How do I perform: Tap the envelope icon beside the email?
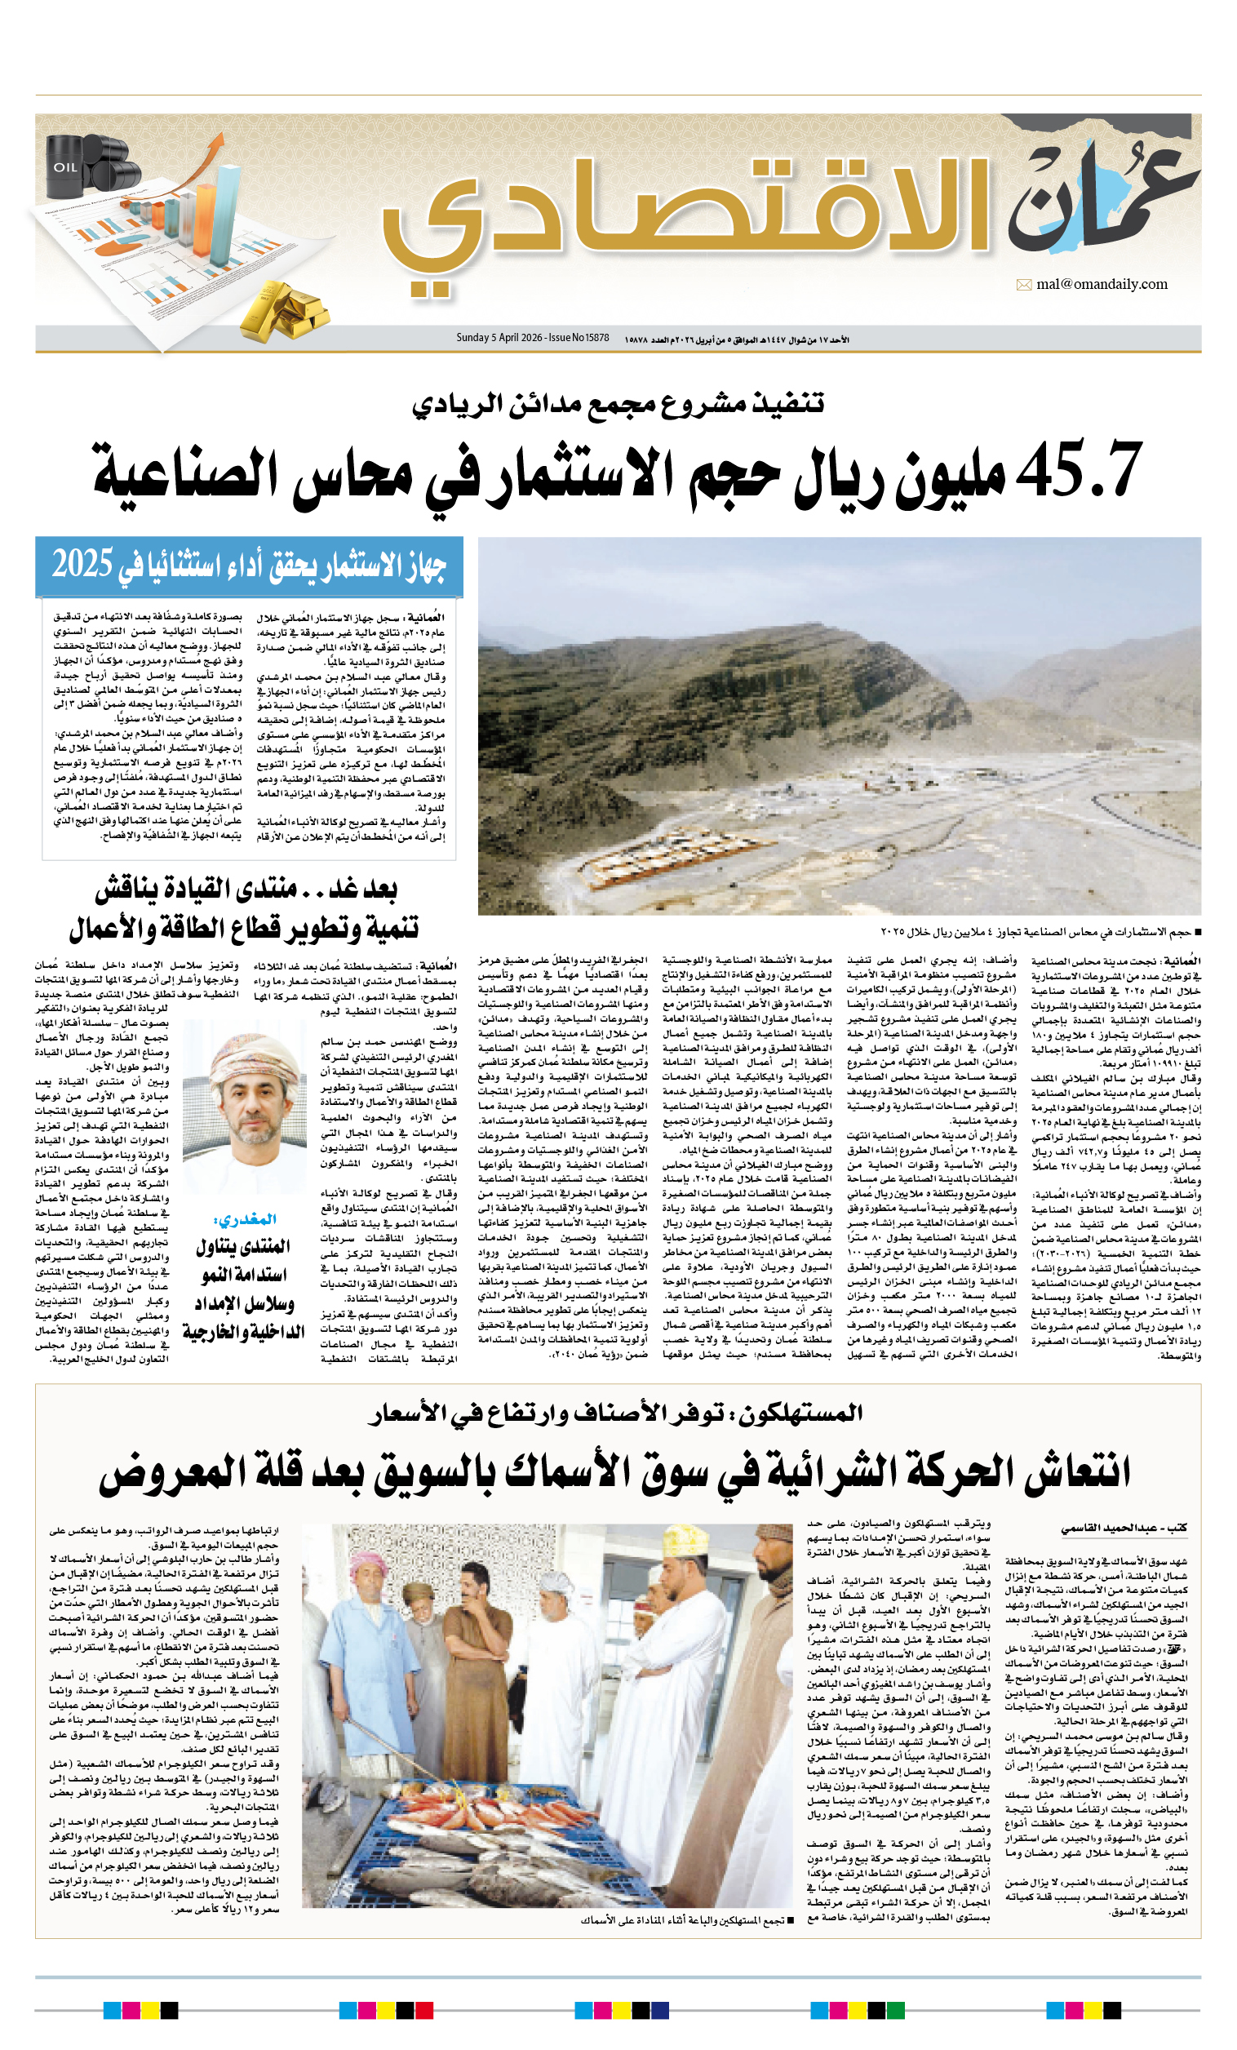(x=1023, y=286)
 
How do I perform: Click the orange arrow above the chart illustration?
(x=208, y=150)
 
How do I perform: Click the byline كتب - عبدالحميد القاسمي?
(x=1123, y=1529)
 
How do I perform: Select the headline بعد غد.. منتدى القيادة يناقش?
(x=246, y=889)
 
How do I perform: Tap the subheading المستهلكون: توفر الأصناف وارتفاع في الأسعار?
(x=615, y=1413)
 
